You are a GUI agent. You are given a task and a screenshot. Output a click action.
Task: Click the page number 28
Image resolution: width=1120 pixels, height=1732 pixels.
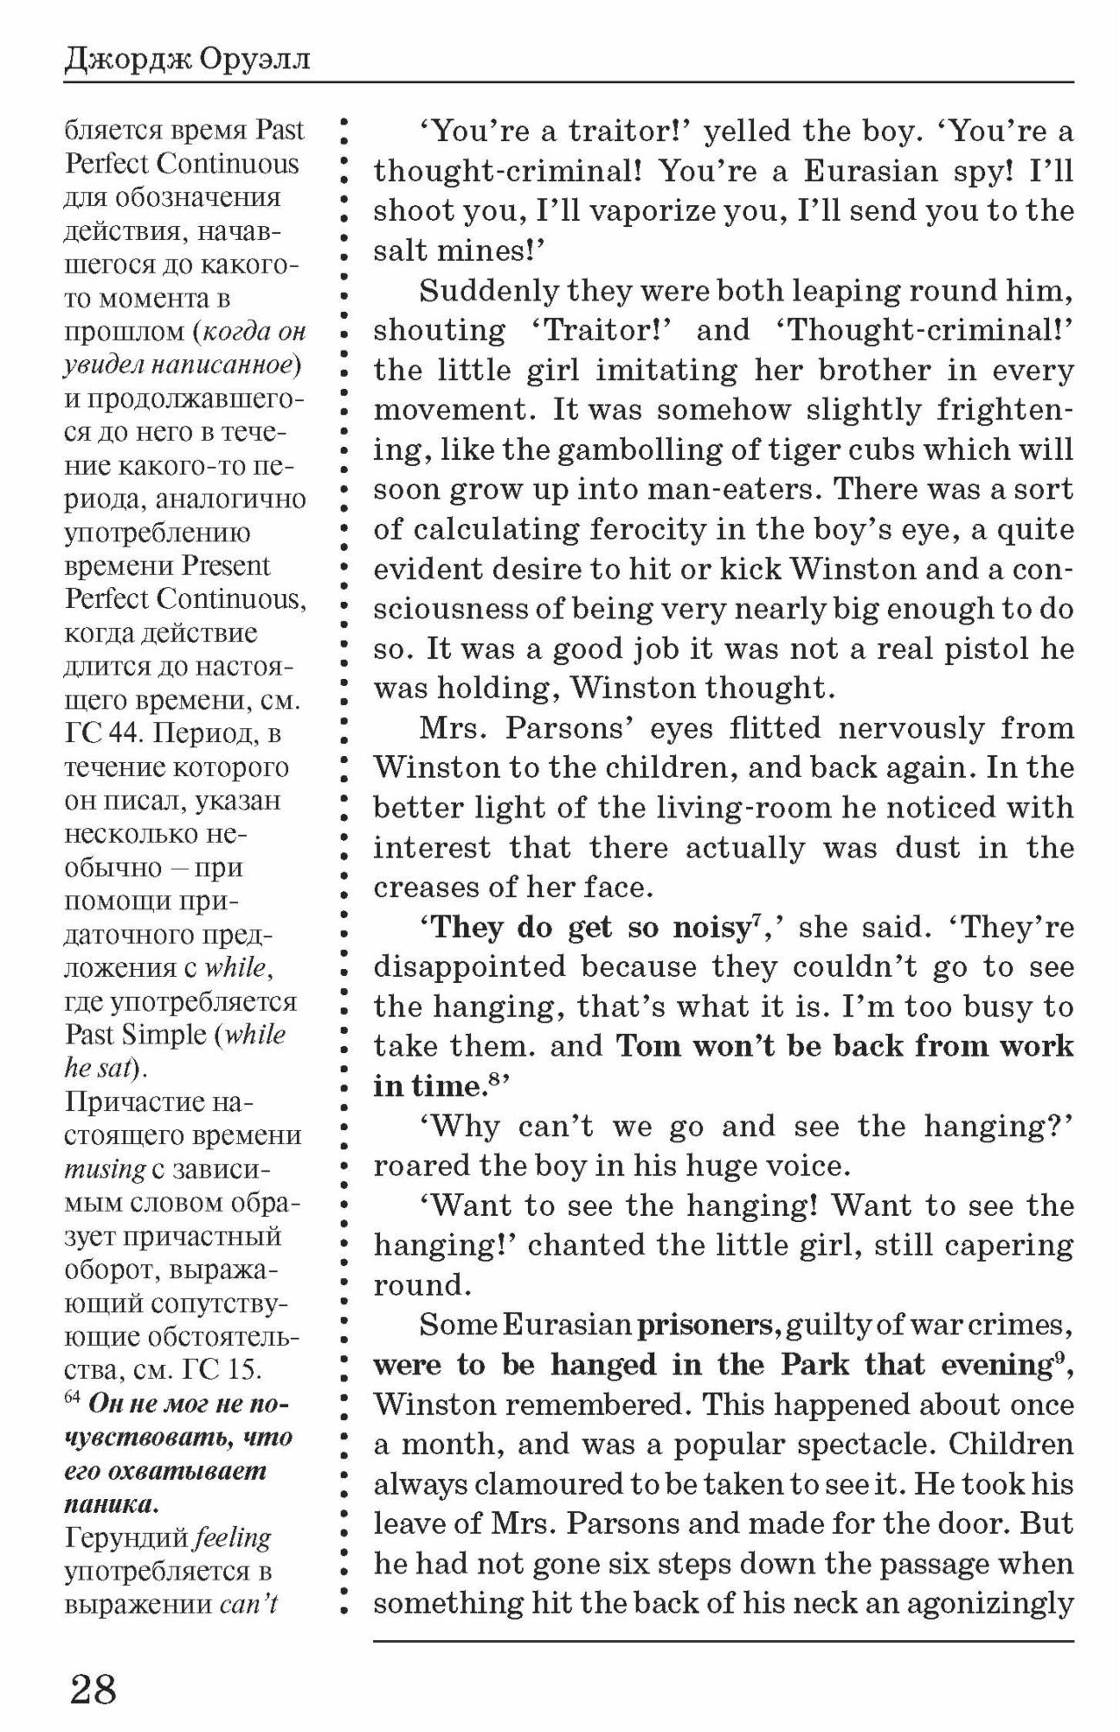[93, 1690]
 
